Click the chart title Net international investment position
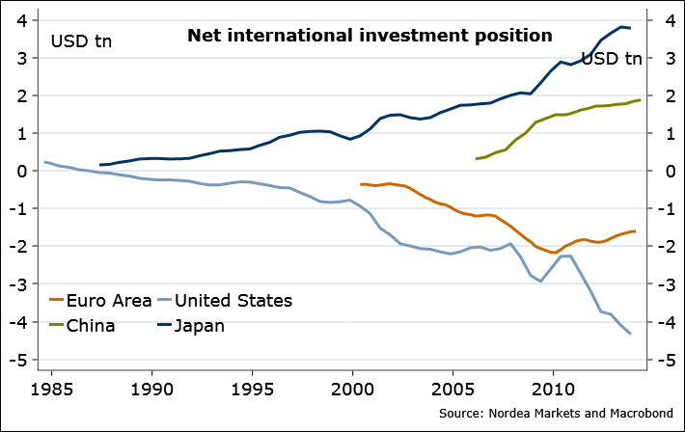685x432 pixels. [370, 37]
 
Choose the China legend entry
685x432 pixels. [91, 325]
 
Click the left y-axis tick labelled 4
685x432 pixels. [23, 19]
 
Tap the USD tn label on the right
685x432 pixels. [612, 59]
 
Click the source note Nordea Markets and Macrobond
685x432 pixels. [557, 414]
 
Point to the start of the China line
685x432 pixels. [477, 159]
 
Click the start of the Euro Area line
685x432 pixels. [361, 184]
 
